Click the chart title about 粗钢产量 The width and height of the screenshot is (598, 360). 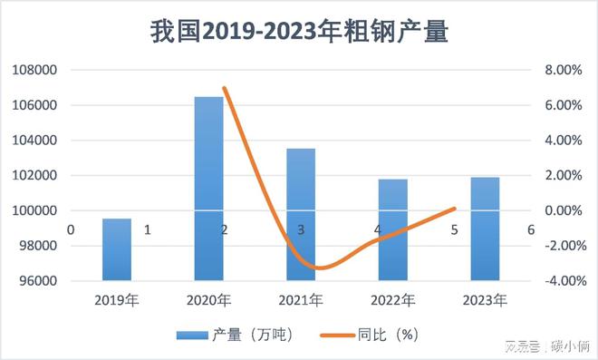coord(298,31)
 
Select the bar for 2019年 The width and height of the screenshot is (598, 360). coord(116,249)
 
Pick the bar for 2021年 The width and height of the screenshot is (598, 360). coord(301,214)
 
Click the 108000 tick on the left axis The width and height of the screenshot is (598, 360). coord(34,70)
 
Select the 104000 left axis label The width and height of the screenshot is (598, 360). coord(34,141)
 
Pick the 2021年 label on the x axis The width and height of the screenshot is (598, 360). coord(301,300)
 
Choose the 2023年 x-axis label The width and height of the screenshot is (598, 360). coord(485,300)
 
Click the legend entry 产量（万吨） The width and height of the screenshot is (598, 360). coord(235,335)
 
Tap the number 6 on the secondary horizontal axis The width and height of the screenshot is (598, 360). coord(530,230)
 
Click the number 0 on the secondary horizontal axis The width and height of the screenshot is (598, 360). coord(70,230)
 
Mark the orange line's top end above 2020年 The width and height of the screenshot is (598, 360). coord(224,88)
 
